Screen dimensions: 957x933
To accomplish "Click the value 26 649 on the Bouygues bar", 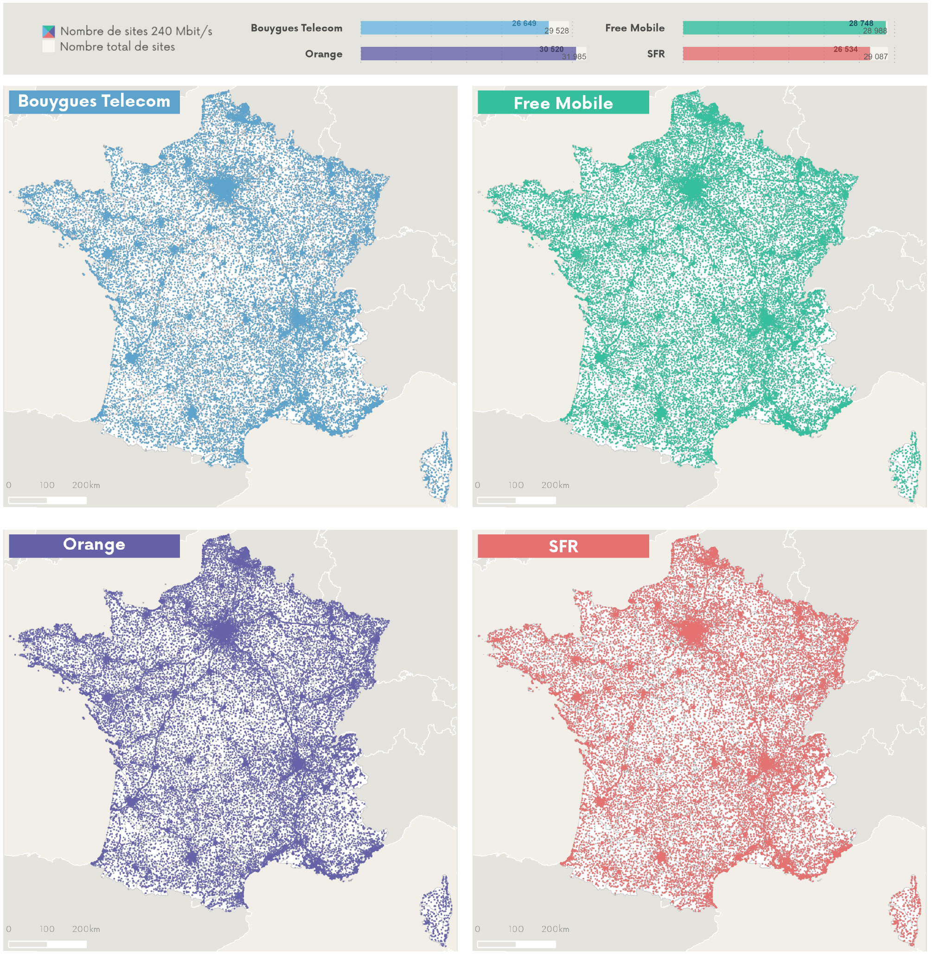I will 524,24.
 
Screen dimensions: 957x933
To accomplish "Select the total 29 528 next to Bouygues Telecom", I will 556,31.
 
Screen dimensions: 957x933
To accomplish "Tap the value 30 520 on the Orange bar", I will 551,50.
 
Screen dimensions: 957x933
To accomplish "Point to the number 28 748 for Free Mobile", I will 861,24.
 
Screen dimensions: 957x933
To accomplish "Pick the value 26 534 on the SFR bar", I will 845,50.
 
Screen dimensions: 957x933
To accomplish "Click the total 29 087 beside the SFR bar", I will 875,57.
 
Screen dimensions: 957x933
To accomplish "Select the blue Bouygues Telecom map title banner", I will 94,102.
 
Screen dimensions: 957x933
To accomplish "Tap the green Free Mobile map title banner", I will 562,103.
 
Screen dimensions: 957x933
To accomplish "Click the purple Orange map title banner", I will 94,545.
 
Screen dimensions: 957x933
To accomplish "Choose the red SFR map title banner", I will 562,546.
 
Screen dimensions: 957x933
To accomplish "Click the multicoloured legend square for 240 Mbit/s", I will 49,32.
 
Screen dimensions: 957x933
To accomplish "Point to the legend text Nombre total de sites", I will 117,47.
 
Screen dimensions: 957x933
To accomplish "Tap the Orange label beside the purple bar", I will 323,54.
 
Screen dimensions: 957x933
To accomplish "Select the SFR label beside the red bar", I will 655,54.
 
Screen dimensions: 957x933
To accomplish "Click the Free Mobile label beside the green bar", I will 634,28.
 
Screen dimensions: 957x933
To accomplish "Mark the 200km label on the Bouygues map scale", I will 86,485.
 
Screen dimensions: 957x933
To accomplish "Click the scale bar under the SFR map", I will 516,944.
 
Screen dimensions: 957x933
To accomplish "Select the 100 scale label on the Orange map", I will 47,929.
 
